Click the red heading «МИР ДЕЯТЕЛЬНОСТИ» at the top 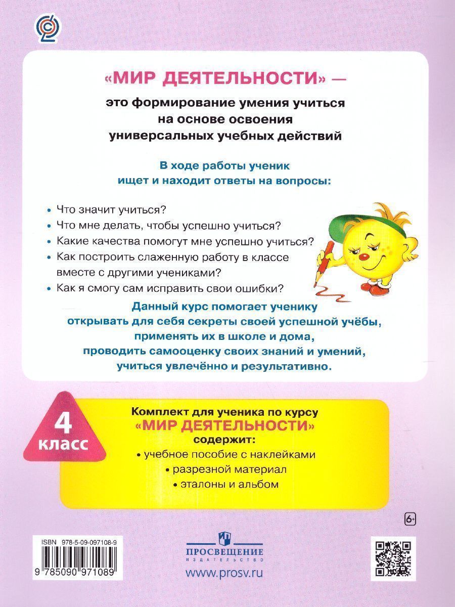[214, 79]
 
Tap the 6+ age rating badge [412, 518]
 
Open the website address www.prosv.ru [225, 574]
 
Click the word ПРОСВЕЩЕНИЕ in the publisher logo [224, 552]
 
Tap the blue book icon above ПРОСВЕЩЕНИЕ [224, 537]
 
